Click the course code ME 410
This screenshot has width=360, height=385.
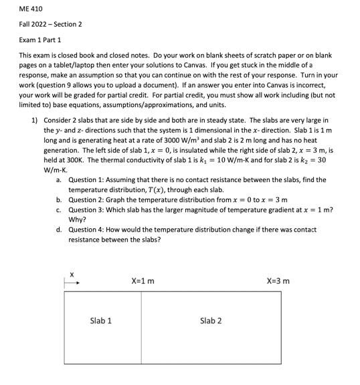(27, 9)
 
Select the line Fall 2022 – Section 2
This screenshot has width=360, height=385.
(50, 24)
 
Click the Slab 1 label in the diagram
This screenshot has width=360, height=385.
(100, 321)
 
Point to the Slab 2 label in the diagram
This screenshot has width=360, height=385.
(211, 321)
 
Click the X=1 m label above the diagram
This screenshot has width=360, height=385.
(143, 281)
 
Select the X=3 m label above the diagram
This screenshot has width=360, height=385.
(278, 281)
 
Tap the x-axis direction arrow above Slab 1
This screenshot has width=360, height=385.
(72, 283)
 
